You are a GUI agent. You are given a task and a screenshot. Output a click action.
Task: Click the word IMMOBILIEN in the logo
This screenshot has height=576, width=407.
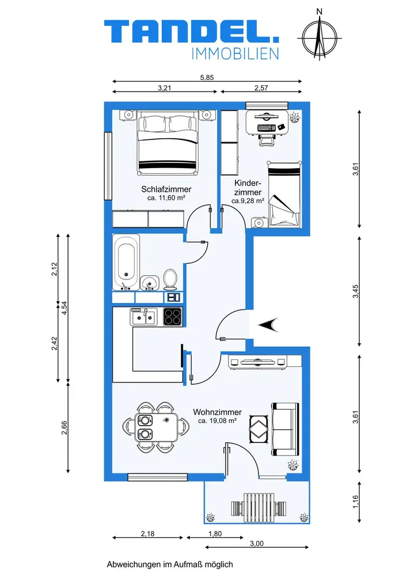[x=235, y=54]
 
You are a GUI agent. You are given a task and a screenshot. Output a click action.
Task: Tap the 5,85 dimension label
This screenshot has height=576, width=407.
[x=207, y=78]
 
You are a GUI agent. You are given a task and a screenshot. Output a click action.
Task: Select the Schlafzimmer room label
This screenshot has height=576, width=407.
[x=166, y=189]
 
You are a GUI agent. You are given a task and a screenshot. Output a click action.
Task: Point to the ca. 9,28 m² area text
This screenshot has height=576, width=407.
[x=248, y=201]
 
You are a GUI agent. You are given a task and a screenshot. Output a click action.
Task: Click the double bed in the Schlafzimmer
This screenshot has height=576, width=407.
[x=168, y=145]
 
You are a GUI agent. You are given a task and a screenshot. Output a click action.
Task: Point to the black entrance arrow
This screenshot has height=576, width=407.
[x=268, y=324]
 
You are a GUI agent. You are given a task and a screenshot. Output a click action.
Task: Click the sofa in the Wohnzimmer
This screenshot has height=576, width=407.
[x=285, y=429]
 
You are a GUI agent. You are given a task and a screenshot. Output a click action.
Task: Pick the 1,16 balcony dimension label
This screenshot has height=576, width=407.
[x=355, y=502]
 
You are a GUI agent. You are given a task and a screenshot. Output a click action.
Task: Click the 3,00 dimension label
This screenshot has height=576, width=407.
[x=257, y=543]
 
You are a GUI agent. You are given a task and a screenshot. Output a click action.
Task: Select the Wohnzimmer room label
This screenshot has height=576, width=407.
[x=217, y=412]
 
